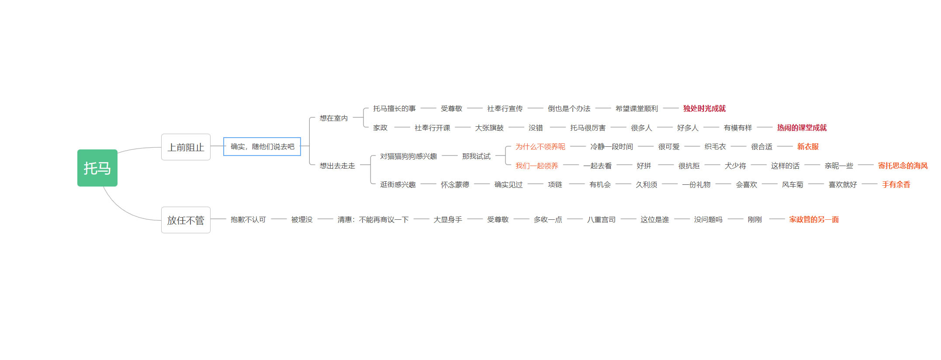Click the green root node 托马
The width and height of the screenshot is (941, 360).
pyautogui.click(x=97, y=168)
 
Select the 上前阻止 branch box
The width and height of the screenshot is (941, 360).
pyautogui.click(x=186, y=147)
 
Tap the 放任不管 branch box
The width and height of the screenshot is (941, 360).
pyautogui.click(x=186, y=220)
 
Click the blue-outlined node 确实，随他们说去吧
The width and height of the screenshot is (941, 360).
pyautogui.click(x=262, y=146)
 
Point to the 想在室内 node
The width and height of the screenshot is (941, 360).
pyautogui.click(x=334, y=118)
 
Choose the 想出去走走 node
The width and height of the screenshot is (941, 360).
pyautogui.click(x=337, y=166)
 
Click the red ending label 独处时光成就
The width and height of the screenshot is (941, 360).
pyautogui.click(x=704, y=108)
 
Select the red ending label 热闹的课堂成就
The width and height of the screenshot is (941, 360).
pyautogui.click(x=802, y=128)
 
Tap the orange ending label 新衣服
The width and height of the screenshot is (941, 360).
pyautogui.click(x=808, y=146)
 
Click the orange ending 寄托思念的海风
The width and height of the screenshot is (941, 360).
pyautogui.click(x=903, y=166)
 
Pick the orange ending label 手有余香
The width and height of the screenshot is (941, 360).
pyautogui.click(x=896, y=184)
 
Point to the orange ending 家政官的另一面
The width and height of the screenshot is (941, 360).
pyautogui.click(x=814, y=219)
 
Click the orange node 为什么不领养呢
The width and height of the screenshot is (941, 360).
pyautogui.click(x=540, y=146)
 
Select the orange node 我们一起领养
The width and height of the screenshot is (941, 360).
pyautogui.click(x=537, y=166)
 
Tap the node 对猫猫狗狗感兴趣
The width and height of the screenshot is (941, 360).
pyautogui.click(x=408, y=156)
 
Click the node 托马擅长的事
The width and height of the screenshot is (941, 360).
pyautogui.click(x=394, y=108)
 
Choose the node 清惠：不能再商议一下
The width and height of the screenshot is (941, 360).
pyautogui.click(x=373, y=219)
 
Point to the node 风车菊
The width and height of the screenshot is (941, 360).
pyautogui.click(x=792, y=184)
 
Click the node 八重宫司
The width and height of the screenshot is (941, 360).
pyautogui.click(x=601, y=219)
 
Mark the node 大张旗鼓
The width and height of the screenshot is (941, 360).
pyautogui.click(x=489, y=128)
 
